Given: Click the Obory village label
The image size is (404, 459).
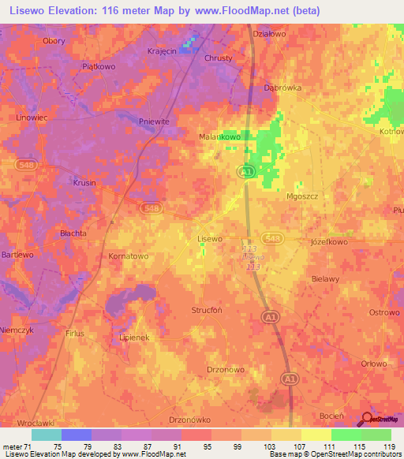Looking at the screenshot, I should point(54,40).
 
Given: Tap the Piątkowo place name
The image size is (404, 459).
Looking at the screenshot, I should point(99,67).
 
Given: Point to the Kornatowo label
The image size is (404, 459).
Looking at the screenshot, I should point(128,256).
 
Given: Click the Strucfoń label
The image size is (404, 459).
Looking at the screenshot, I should point(208,310).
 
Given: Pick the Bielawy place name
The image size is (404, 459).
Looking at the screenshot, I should point(325,279).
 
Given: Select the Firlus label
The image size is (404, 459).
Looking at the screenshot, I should point(75,334).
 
